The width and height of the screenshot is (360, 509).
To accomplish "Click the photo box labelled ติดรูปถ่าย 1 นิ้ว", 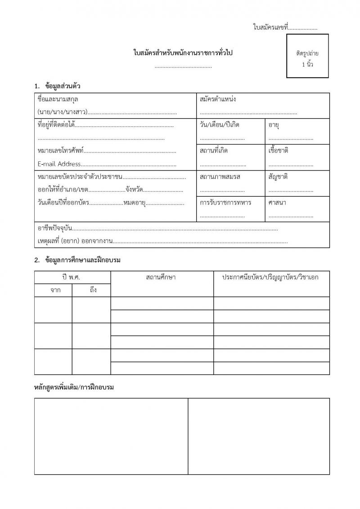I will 307,56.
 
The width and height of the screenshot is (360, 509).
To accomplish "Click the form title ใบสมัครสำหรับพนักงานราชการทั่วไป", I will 184,53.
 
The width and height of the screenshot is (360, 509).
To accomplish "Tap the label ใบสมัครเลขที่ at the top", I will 270,27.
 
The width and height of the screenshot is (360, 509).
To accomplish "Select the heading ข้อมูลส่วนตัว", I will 63,85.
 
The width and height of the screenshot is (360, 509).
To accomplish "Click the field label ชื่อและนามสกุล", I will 55,99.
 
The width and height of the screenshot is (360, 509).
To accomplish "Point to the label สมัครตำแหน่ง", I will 218,99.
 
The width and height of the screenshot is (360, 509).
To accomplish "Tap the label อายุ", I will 274,125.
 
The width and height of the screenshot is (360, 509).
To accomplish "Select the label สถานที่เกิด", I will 214,151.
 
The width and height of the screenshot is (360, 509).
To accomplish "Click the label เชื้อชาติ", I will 278,151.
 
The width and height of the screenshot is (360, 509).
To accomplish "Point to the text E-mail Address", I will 59,164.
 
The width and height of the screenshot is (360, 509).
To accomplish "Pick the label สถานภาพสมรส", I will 220,177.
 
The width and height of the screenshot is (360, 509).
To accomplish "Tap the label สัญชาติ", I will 278,177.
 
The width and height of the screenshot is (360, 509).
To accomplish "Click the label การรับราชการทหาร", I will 225,202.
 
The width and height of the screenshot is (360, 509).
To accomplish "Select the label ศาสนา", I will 278,202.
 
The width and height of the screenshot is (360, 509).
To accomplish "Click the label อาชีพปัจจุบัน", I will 54,228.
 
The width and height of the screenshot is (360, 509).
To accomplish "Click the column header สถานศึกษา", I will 161,277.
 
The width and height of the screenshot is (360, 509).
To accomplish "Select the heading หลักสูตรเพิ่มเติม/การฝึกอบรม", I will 74,388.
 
